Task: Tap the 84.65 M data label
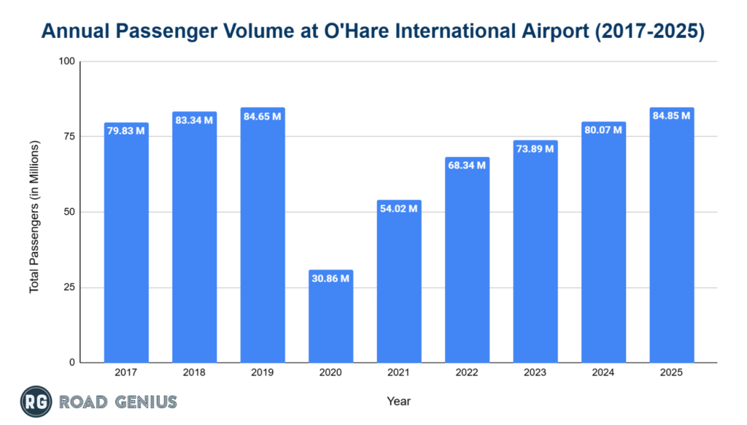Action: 263,117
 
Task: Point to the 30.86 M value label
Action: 330,280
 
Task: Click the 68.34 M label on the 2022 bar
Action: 467,166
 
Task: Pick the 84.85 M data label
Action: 672,116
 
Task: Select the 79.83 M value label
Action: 126,131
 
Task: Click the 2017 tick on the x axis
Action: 126,372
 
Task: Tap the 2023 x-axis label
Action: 535,372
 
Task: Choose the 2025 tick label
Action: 672,372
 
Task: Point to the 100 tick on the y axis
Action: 67,61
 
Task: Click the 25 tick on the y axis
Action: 70,287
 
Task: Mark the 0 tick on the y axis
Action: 72,362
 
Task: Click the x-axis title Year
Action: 399,401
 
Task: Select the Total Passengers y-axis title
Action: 34,217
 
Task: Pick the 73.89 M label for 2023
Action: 535,149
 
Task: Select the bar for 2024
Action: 603,248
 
